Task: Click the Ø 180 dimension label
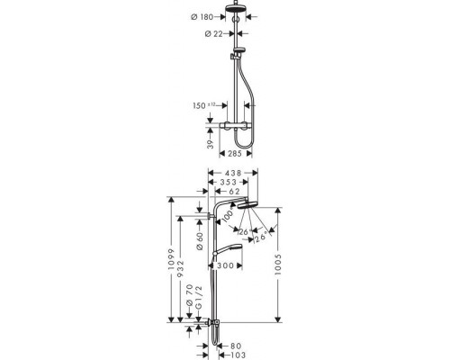pos(202,17)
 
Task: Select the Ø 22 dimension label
pos(214,34)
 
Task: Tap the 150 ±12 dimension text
pos(204,105)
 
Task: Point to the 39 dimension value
pos(211,144)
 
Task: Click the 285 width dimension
pos(235,154)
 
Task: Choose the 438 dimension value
pos(233,173)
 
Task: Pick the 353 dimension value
pos(229,182)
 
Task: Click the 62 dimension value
pos(234,192)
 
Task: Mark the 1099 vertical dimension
pos(171,259)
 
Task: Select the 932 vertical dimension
pos(180,269)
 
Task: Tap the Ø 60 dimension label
pos(200,241)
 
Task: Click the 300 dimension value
pos(225,265)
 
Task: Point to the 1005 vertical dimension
pos(278,265)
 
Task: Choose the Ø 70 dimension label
pos(189,295)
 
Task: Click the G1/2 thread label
pos(199,297)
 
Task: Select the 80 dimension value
pos(236,346)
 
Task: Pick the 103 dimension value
pos(238,355)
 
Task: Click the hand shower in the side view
pos(228,248)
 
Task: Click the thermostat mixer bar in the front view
pos(236,125)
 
